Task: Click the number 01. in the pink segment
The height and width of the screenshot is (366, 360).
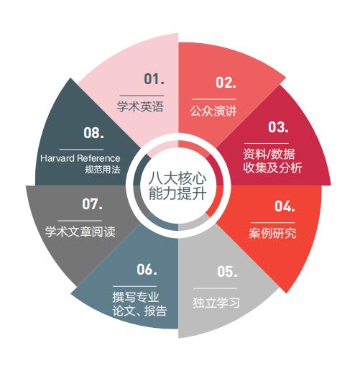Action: point(154,79)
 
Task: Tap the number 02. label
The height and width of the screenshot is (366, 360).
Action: point(226,82)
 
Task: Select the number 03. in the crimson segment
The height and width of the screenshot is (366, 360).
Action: point(278,127)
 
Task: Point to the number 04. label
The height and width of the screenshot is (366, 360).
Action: point(285,206)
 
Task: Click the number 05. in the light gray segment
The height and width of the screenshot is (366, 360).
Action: point(227,272)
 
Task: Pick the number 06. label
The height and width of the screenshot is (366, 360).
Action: point(147,269)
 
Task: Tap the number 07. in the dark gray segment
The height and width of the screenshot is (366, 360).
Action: point(92,204)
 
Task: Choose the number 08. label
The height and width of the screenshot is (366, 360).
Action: point(93,132)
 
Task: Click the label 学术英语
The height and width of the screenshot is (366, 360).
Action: point(140,106)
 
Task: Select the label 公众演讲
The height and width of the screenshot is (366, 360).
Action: point(213,111)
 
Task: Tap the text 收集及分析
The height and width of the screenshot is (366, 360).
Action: point(272,168)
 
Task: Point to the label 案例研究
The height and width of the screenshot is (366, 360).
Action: point(272,233)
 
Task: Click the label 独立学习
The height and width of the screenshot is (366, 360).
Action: point(216,303)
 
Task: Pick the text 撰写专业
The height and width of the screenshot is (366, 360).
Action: point(136,297)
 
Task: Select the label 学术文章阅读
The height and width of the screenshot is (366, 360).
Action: point(80,232)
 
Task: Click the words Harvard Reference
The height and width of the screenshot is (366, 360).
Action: point(80,158)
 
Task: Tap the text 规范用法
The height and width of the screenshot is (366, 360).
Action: point(103,170)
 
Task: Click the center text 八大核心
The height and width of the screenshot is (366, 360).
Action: point(177,178)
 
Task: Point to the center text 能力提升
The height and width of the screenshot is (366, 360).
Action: point(177,193)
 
